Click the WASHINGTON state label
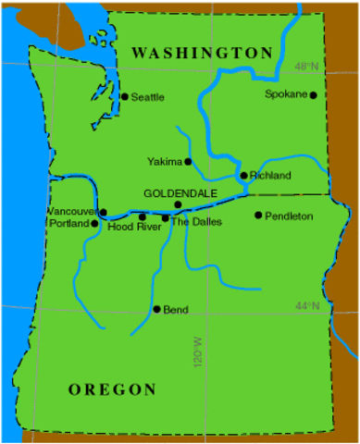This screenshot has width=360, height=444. [x=202, y=53]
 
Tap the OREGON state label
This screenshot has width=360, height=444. [x=112, y=389]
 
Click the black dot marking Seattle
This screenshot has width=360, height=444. [x=125, y=96]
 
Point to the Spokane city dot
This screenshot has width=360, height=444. [x=313, y=95]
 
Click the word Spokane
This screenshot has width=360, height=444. [x=285, y=94]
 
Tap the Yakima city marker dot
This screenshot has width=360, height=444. [x=188, y=162]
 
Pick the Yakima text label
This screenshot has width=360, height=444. [x=165, y=162]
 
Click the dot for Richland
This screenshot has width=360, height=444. [x=243, y=175]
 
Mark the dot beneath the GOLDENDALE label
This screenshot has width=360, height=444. [x=178, y=204]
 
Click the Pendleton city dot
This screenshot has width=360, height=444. [x=258, y=216]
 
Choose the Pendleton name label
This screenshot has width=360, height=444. [x=289, y=216]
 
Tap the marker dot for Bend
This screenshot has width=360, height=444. [x=156, y=309]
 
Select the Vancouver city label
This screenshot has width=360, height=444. [x=71, y=212]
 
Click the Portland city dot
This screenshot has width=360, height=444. [x=94, y=223]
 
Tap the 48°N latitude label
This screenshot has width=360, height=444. [x=306, y=67]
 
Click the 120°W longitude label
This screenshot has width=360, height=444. [x=197, y=353]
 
